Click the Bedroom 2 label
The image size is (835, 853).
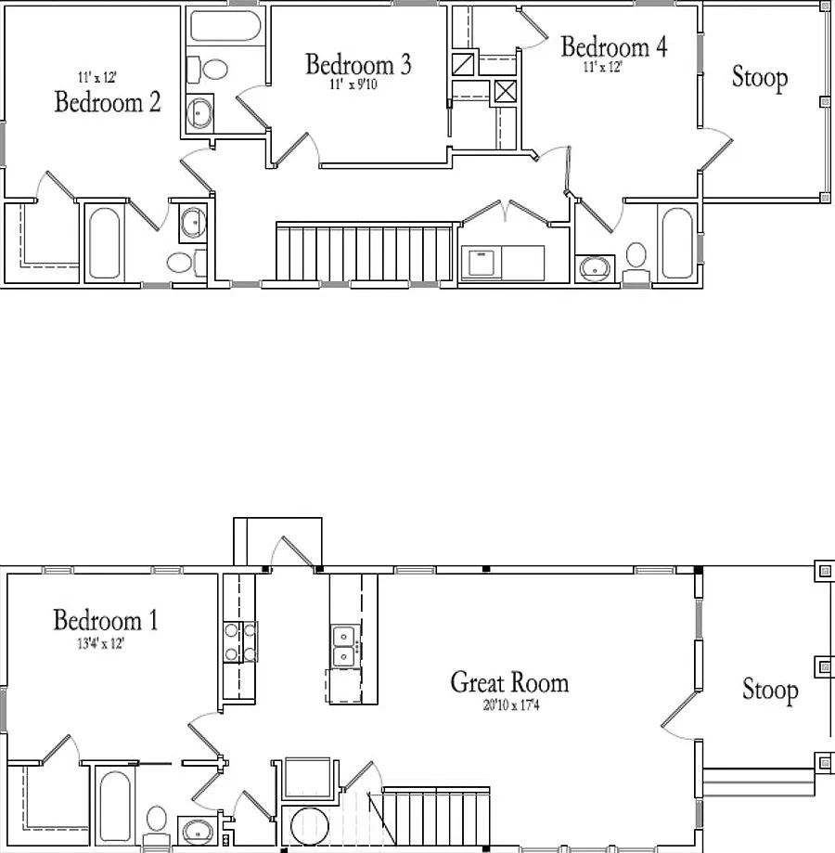pyautogui.click(x=108, y=102)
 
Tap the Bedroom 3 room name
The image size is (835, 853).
pyautogui.click(x=358, y=64)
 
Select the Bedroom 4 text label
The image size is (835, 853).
pyautogui.click(x=613, y=46)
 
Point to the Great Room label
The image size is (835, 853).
pyautogui.click(x=509, y=682)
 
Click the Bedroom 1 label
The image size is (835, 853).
pyautogui.click(x=106, y=620)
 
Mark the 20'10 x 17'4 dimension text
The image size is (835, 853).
pyautogui.click(x=511, y=705)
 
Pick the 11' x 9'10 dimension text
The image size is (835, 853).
pyautogui.click(x=353, y=84)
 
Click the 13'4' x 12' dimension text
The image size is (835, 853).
pyautogui.click(x=101, y=643)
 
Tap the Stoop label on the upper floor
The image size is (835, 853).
pyautogui.click(x=760, y=77)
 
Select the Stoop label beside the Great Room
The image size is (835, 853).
pyautogui.click(x=770, y=690)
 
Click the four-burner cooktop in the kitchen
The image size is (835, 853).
pyautogui.click(x=240, y=642)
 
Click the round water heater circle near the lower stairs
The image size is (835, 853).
pyautogui.click(x=310, y=827)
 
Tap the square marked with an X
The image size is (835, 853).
pyautogui.click(x=505, y=91)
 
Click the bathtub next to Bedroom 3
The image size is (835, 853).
pyautogui.click(x=225, y=26)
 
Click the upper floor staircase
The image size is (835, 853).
pyautogui.click(x=365, y=252)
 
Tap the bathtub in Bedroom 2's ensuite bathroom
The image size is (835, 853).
pyautogui.click(x=104, y=243)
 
